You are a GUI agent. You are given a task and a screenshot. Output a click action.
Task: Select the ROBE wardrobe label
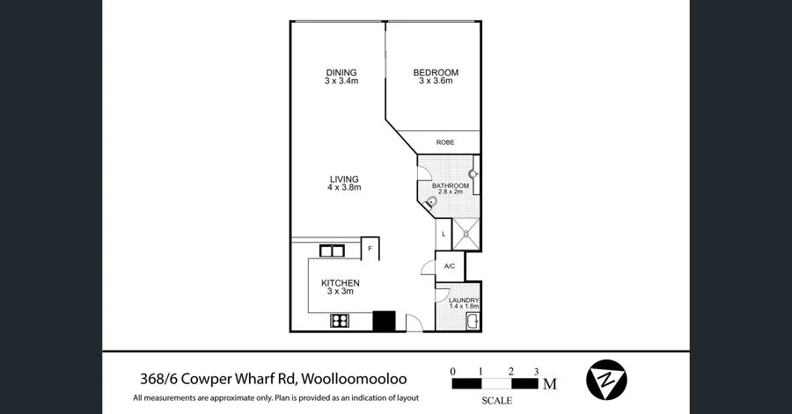[445, 142]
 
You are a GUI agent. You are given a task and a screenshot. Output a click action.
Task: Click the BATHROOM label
[449, 186]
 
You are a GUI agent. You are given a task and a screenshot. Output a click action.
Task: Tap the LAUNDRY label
[463, 301]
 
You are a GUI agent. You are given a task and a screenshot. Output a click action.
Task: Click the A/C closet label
[449, 265]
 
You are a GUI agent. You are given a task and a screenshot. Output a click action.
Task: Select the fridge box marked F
[370, 249]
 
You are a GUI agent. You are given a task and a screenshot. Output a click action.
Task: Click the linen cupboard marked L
[444, 234]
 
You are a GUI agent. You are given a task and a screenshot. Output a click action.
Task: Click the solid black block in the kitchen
[385, 321]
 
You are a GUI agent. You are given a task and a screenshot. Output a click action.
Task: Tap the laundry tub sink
[472, 322]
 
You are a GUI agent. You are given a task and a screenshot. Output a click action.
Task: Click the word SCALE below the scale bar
[497, 402]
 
